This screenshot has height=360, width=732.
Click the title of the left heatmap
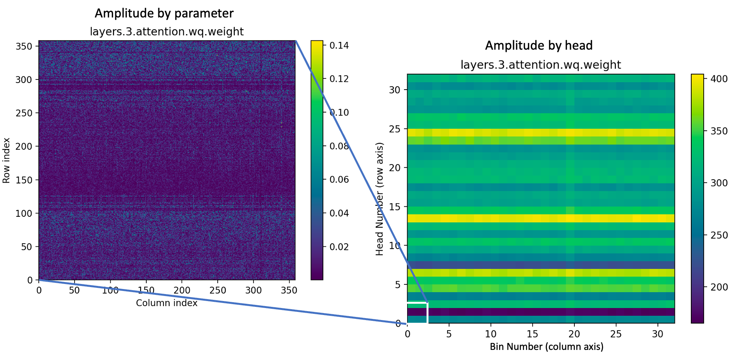[167, 31]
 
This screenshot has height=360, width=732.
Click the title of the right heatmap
[541, 65]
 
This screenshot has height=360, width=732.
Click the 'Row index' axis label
[6, 160]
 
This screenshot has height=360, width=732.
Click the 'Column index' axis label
[167, 303]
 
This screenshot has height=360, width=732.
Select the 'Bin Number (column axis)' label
[546, 346]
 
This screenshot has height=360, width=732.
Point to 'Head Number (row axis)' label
[379, 199]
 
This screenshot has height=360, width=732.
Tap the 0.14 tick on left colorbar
[339, 45]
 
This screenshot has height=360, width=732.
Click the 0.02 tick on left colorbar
[339, 247]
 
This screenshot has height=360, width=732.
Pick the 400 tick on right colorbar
[719, 79]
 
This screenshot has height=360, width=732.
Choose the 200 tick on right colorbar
[719, 287]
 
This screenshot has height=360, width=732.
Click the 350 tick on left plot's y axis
[24, 46]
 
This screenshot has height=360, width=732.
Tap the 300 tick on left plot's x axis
[253, 290]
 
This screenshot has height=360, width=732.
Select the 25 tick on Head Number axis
[394, 129]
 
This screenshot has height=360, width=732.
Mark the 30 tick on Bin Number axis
[657, 334]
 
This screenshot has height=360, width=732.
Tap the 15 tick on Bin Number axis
[532, 334]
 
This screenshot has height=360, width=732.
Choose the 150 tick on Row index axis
[24, 180]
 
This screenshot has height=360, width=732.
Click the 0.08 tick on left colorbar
[339, 146]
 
